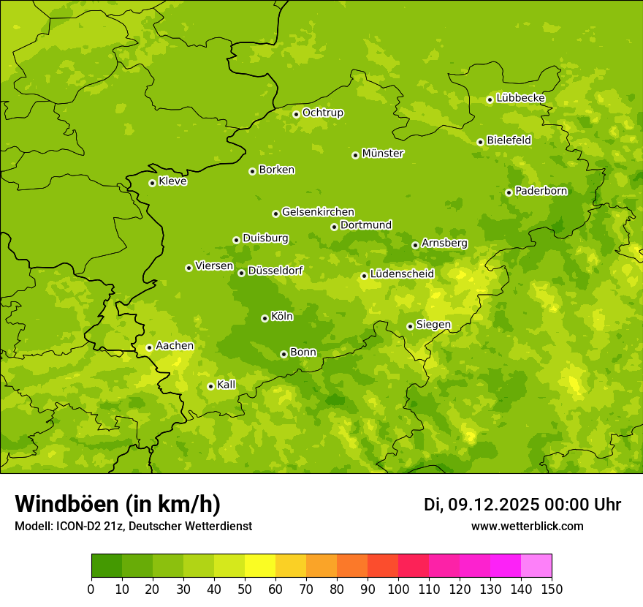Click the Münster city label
pos(383,154)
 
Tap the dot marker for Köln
pos(265,318)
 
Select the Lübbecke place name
pos(520,98)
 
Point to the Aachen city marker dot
pos(149,347)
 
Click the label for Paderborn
pos(541,191)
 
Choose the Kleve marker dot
pos(152,183)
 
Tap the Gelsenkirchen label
pos(318,212)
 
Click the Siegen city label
pos(433,325)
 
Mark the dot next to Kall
pos(210,386)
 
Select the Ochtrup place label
pos(322,113)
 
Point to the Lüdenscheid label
pos(402,274)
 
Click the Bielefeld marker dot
pos(480,142)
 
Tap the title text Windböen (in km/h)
pos(118,504)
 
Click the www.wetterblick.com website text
pos(527,526)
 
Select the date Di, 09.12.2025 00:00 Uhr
pos(522,505)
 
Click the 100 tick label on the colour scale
pos(398,589)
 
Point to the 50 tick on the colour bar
pos(245,589)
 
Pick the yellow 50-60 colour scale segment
pos(260,566)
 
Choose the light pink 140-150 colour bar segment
pos(536,566)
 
